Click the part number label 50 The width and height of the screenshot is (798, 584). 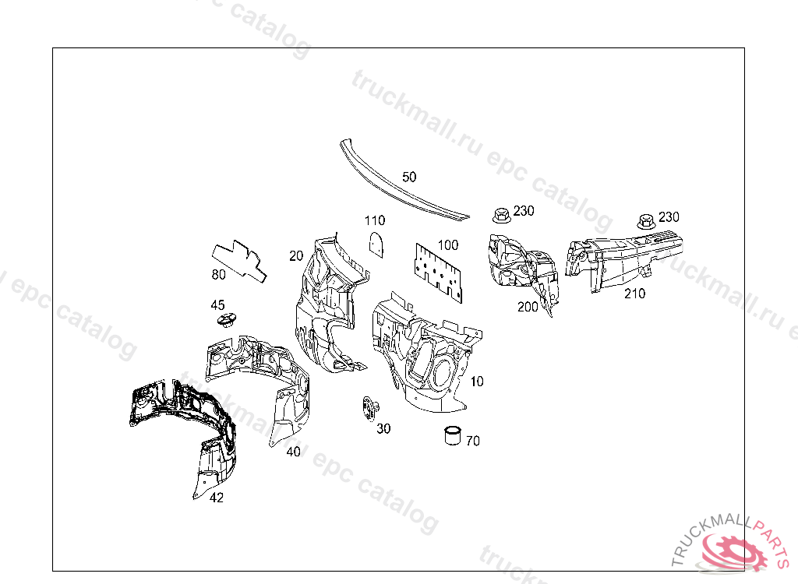409,177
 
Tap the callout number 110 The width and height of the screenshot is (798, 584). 375,220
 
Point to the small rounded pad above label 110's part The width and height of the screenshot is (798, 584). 377,243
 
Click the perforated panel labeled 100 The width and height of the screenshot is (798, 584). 437,269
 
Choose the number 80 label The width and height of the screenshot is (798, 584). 219,274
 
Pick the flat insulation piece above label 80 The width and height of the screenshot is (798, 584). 238,258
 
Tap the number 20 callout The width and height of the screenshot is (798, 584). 295,255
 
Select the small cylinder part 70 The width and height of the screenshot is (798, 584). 452,434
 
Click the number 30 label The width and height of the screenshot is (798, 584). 383,429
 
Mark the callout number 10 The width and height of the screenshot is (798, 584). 477,382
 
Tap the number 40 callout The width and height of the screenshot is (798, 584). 293,452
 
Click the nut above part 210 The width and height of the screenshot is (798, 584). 645,220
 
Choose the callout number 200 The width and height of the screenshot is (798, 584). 528,307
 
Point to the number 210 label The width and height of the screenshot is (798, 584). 634,294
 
